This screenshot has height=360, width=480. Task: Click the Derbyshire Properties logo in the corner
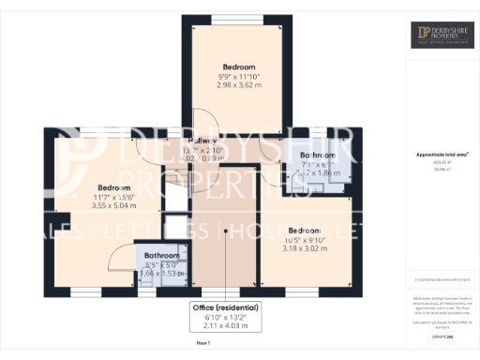[x=443, y=35]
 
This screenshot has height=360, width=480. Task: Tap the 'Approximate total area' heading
[x=442, y=154]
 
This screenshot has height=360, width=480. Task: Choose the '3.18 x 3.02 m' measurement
[x=304, y=248]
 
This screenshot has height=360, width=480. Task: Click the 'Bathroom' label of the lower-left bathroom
[x=161, y=254]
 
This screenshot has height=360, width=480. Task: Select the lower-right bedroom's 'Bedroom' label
[x=304, y=230]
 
